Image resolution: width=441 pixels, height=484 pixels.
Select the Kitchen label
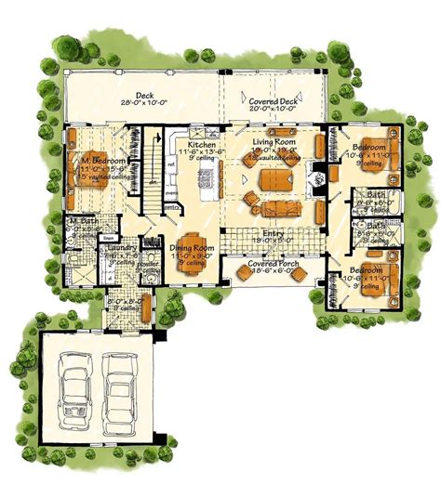202,147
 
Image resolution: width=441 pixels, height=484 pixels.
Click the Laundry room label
123,249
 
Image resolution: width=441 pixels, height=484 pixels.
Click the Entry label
273,232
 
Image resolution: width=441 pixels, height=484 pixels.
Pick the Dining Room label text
191,249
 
